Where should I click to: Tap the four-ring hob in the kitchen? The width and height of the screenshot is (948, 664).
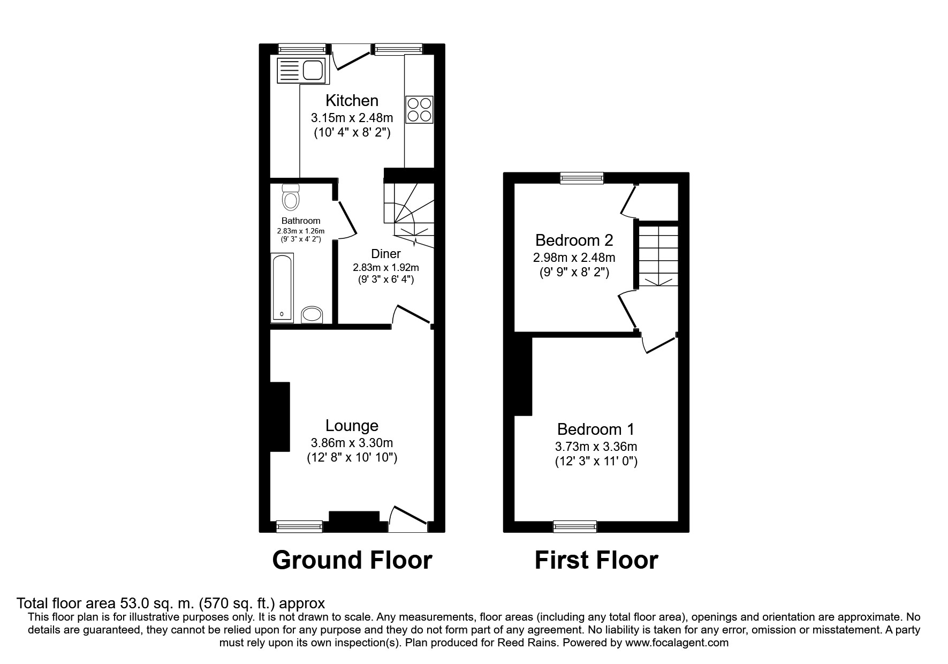coord(419,109)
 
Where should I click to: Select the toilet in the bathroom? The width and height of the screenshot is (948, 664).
coord(291,198)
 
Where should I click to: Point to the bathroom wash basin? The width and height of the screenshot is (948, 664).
coord(312,315)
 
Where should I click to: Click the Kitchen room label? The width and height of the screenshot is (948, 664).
coord(352,101)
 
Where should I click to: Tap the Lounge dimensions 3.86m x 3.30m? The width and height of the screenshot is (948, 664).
coord(352,443)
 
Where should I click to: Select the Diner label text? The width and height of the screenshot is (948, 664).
coord(385,254)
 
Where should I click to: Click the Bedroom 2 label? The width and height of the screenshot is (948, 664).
coord(574,240)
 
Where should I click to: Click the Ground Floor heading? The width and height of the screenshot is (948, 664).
coord(352,560)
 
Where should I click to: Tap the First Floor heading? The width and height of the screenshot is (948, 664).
coord(596,560)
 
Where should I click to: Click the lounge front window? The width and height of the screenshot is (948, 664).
coord(300,527)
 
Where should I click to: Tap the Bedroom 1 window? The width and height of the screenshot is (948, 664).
coord(575,527)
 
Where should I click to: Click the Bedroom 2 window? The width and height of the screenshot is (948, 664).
coord(582,178)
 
